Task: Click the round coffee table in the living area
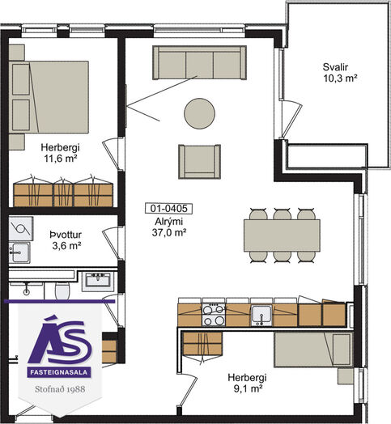tap(199, 113)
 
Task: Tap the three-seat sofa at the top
tap(199, 63)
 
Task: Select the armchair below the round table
tap(199, 162)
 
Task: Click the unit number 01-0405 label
tap(169, 209)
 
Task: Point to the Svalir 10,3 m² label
tap(340, 73)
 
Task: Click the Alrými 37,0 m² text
tap(169, 227)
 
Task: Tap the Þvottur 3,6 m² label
tap(66, 240)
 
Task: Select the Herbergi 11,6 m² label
tap(61, 153)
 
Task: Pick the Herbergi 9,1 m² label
tap(247, 383)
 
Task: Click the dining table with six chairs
tap(282, 235)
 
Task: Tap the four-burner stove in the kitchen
tap(214, 315)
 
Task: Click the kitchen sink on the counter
tap(261, 316)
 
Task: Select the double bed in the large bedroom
tap(49, 97)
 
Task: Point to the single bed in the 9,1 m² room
tap(313, 350)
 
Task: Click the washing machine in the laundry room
tap(20, 229)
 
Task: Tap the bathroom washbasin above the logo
tap(98, 282)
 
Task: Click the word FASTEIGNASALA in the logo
tap(59, 372)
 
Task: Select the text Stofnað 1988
tap(60, 389)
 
